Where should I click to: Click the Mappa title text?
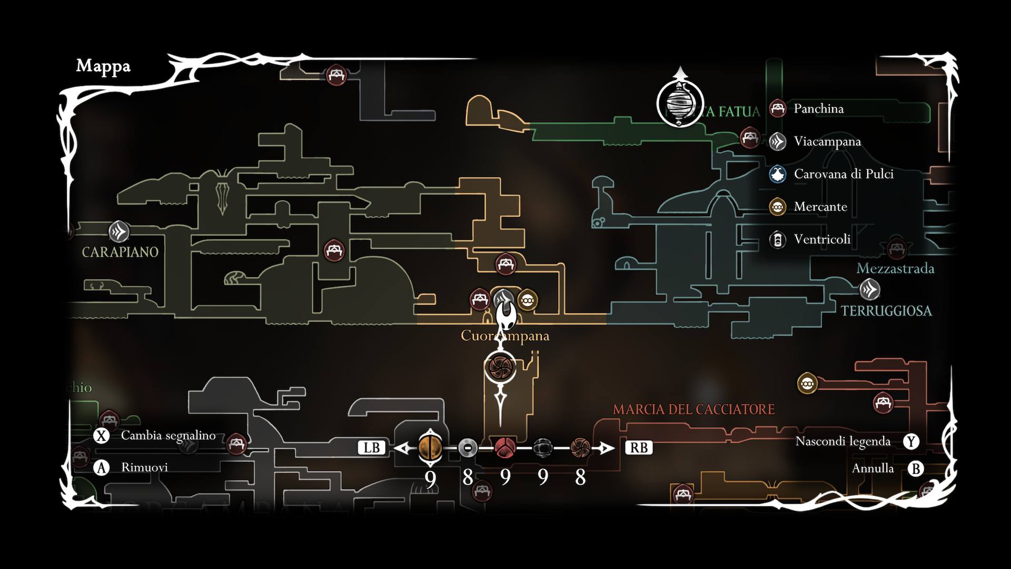coord(103,66)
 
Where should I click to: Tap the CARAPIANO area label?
coord(120,252)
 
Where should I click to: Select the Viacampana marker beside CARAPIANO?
coord(119,232)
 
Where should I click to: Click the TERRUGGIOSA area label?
coord(886,311)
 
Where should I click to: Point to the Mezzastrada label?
coord(895,269)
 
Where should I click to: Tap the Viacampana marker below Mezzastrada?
coord(869,290)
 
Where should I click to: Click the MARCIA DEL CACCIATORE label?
coord(693,409)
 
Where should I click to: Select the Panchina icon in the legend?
coord(778,109)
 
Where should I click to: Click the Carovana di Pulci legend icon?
coord(778,174)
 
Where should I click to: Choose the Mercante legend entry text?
coord(820,207)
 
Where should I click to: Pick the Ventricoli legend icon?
coord(778,240)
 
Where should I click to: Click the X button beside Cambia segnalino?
coord(101,436)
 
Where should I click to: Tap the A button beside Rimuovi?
coord(101,468)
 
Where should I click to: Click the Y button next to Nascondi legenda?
coord(911,442)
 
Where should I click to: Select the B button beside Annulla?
coord(916,469)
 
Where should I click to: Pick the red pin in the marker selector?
coord(505,448)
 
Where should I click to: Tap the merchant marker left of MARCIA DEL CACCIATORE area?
coord(807,384)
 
